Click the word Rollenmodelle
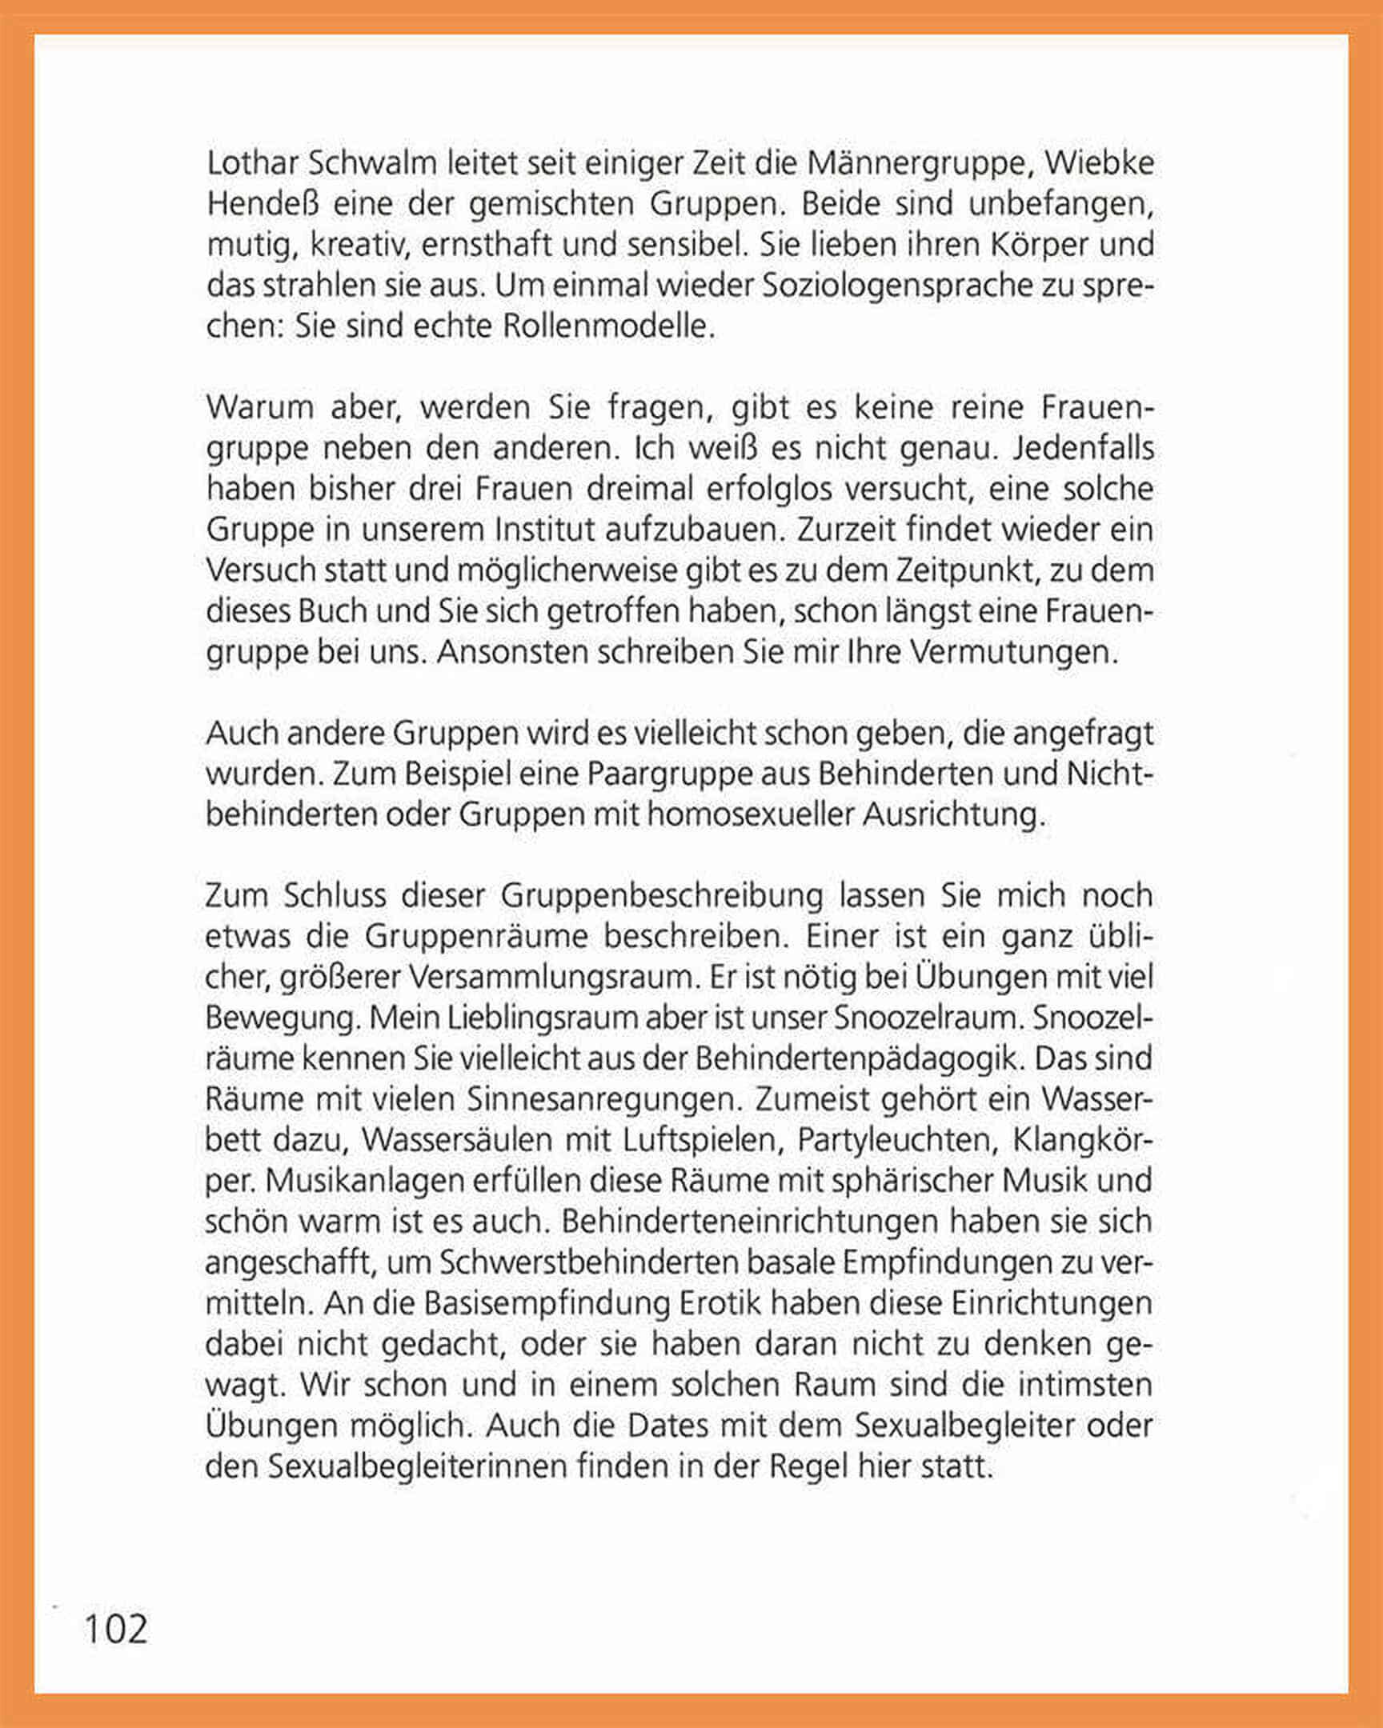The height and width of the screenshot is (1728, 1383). (x=607, y=327)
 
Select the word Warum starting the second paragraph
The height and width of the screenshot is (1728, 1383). (x=260, y=408)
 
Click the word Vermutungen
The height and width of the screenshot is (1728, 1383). (x=1014, y=653)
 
